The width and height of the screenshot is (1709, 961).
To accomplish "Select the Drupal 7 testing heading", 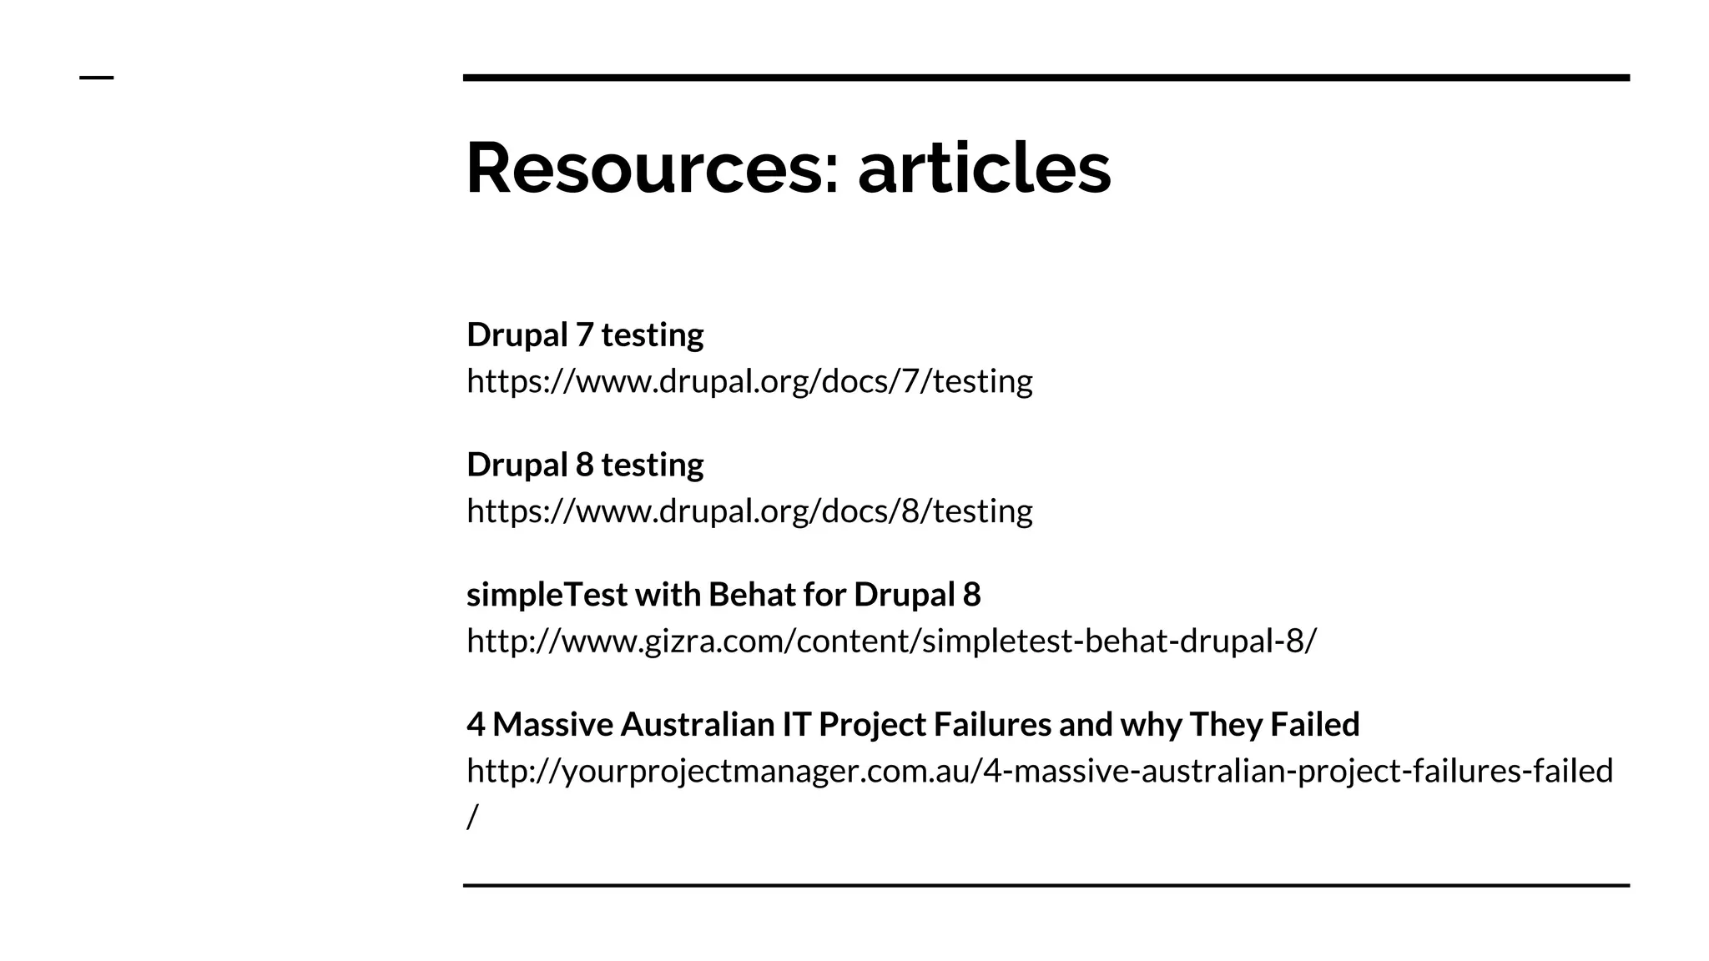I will pos(585,335).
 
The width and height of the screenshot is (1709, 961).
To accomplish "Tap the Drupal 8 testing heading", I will pos(585,465).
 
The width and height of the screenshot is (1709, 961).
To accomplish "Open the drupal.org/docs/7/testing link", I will pos(749,381).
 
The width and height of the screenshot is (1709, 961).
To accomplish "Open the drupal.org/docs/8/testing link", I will pos(749,511).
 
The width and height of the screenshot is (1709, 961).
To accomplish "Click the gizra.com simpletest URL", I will pos(891,641).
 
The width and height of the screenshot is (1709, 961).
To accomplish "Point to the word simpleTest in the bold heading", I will pos(547,595).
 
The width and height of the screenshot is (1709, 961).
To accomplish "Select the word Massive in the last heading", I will pos(553,724).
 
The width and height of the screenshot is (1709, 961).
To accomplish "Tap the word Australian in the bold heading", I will pos(698,724).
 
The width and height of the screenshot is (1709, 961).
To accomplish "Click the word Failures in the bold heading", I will pos(992,724).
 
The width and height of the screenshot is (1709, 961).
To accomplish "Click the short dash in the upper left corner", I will pos(96,78).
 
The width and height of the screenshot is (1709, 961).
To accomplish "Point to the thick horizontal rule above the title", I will pos(1046,78).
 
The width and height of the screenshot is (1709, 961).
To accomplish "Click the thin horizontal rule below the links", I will pos(1046,885).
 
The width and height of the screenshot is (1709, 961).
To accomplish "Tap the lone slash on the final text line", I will pos(472,817).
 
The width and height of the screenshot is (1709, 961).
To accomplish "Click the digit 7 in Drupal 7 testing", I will pos(584,335).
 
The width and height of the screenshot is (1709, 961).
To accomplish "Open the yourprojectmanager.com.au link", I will pos(1039,771).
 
